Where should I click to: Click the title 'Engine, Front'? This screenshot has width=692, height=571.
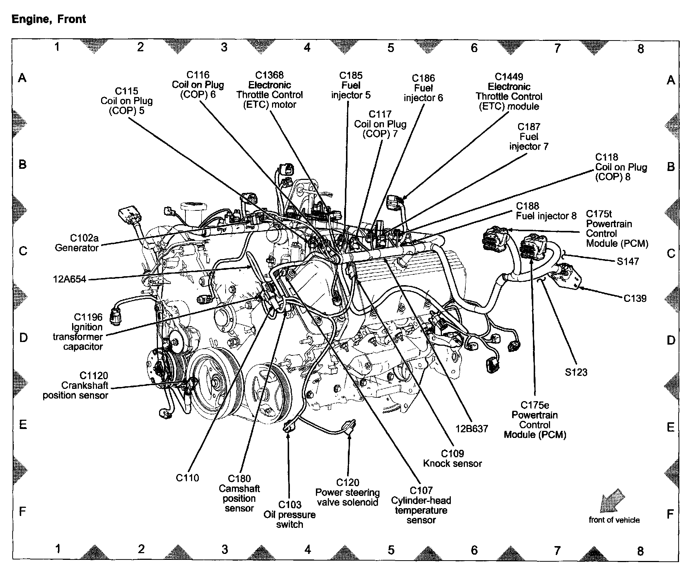(x=49, y=19)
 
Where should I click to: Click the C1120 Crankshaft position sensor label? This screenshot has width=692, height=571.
(x=75, y=385)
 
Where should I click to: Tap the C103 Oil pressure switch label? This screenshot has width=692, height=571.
(x=290, y=514)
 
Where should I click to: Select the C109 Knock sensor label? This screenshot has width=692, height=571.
(x=452, y=458)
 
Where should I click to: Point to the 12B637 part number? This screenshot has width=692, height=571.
(x=472, y=429)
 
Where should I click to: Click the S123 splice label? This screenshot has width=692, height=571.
(x=576, y=372)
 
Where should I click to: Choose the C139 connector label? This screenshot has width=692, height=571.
(x=635, y=298)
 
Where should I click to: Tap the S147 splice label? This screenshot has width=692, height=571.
(x=628, y=261)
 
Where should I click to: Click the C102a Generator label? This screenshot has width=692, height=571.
(x=77, y=243)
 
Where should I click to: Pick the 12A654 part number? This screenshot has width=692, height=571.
(x=70, y=279)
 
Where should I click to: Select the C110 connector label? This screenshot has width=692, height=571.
(x=187, y=478)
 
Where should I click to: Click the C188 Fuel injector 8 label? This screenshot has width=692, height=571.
(x=546, y=211)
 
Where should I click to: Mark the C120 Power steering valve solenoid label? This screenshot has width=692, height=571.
(x=347, y=492)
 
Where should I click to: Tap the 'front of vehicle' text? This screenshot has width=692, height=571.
(x=614, y=520)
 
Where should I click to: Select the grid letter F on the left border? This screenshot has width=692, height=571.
(x=23, y=512)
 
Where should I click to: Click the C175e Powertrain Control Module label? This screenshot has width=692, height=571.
(x=535, y=420)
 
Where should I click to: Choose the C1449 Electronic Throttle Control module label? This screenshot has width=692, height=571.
(x=509, y=91)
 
